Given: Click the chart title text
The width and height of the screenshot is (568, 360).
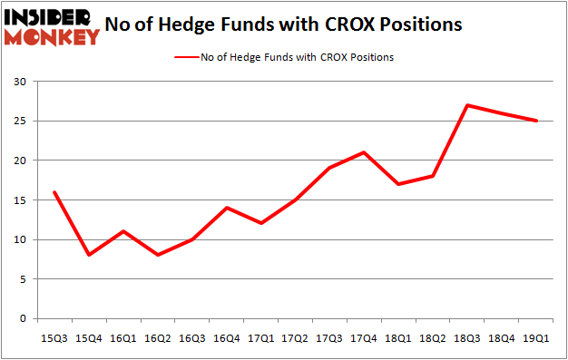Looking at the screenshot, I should click(x=284, y=24).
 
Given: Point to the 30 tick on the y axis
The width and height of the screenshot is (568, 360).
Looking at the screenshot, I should click(x=19, y=82).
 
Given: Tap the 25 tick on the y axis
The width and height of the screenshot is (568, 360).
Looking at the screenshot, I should click(x=19, y=121).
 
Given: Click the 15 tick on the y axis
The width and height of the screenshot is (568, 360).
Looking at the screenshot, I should click(x=19, y=200).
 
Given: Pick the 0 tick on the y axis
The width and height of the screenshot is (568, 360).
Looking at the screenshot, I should click(x=23, y=319).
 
